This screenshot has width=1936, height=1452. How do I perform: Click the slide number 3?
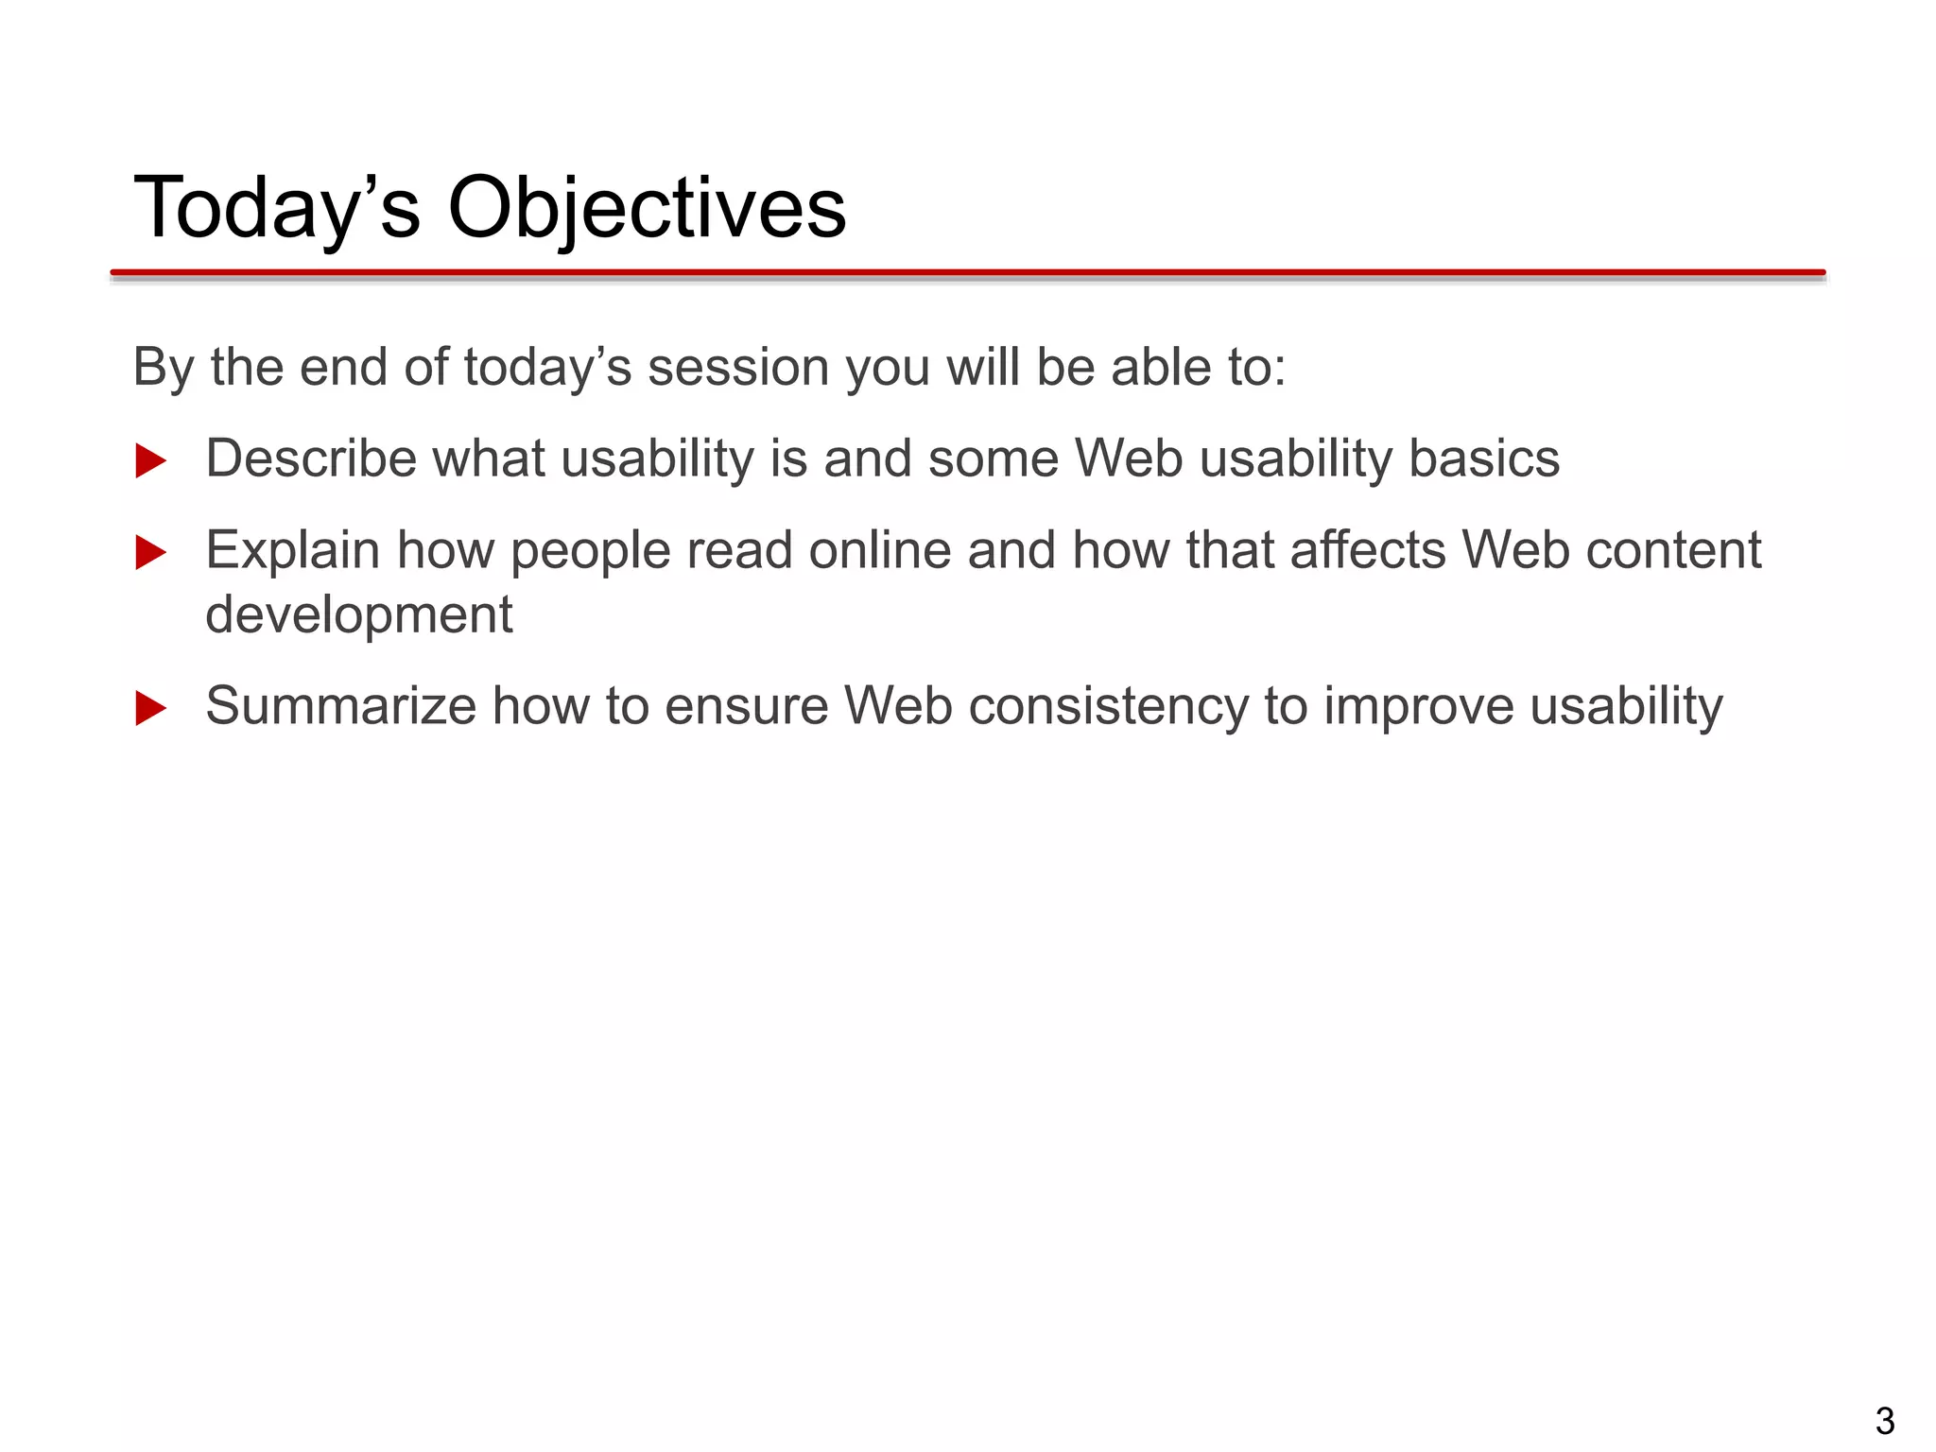tap(1884, 1421)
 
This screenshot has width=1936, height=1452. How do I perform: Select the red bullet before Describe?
tap(150, 461)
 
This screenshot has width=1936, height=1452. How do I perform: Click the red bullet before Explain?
tap(150, 553)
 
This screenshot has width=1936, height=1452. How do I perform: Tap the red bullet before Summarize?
tap(150, 708)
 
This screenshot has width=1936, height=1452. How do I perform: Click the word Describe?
tap(311, 459)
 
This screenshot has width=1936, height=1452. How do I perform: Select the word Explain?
tap(292, 551)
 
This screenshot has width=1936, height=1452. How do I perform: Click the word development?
tap(358, 615)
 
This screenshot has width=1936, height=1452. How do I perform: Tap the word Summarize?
tap(340, 706)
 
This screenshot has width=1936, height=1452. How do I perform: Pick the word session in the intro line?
tap(738, 368)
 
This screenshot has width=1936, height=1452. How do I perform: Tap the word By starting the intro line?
tap(163, 368)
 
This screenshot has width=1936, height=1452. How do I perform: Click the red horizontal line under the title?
tap(968, 273)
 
